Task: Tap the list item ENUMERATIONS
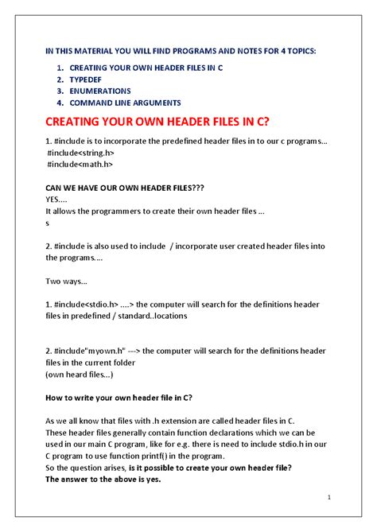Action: point(100,91)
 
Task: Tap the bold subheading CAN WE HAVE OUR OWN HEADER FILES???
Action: point(125,188)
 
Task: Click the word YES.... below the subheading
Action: point(56,200)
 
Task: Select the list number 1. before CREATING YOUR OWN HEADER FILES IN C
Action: point(60,68)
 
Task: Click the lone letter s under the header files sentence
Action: point(48,223)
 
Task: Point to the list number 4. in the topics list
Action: point(60,103)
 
